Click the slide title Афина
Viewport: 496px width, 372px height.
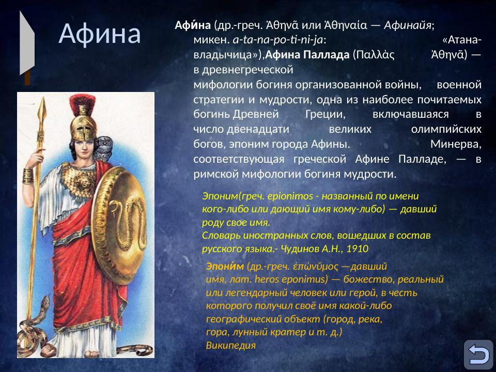tap(100, 34)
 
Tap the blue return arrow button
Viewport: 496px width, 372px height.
tap(478, 354)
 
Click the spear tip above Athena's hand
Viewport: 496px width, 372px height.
tap(42, 111)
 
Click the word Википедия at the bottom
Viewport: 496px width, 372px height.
tap(230, 345)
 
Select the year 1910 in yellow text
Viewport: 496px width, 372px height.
tap(357, 249)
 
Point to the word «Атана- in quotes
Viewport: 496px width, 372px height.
tap(462, 40)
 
